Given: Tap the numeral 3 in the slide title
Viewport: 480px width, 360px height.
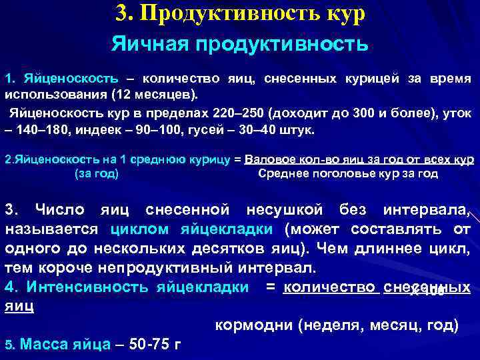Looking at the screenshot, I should click(x=121, y=13).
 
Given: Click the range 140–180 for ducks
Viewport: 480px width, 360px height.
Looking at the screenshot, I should click(x=41, y=129).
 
